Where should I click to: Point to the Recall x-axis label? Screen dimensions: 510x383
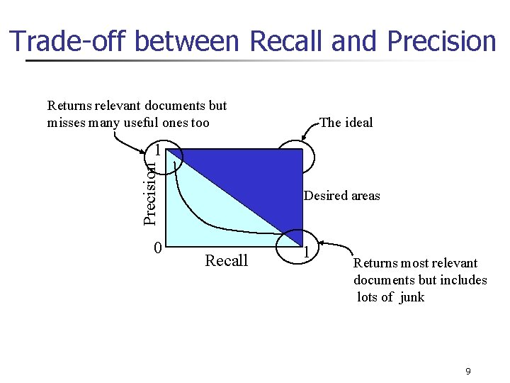(226, 261)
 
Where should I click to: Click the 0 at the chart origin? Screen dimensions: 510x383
(158, 248)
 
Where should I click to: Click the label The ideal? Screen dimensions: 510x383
(346, 123)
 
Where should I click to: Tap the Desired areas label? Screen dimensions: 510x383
(341, 196)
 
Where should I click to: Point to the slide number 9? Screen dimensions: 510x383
(467, 371)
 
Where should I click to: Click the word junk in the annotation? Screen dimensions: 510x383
(412, 297)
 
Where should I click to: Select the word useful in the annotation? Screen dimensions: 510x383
(145, 123)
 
